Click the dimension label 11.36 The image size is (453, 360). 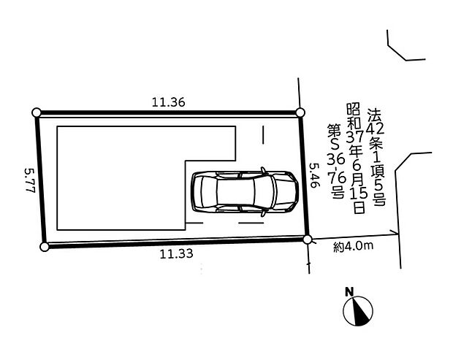[x=169, y=102]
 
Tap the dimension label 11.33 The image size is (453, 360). [x=177, y=254]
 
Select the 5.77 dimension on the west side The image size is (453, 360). [x=30, y=180]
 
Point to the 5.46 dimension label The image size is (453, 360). [x=314, y=175]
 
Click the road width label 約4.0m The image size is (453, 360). [x=354, y=246]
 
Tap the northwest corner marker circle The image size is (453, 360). [x=37, y=112]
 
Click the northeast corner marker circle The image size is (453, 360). [x=300, y=112]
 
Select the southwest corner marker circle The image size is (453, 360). [x=44, y=247]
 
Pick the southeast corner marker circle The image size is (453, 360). [x=308, y=240]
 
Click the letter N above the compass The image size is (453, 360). [x=349, y=292]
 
